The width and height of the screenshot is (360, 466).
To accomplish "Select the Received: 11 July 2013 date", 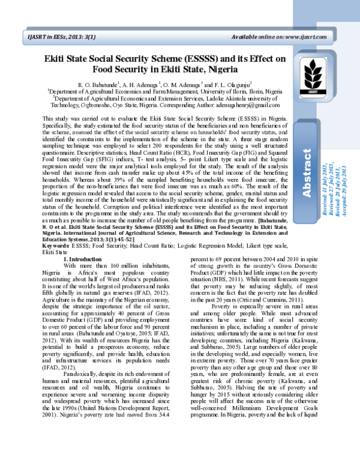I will click(x=325, y=177).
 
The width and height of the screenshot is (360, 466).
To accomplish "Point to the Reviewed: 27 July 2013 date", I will click(x=332, y=177).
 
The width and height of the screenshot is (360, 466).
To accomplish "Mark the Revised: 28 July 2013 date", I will click(x=339, y=177).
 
